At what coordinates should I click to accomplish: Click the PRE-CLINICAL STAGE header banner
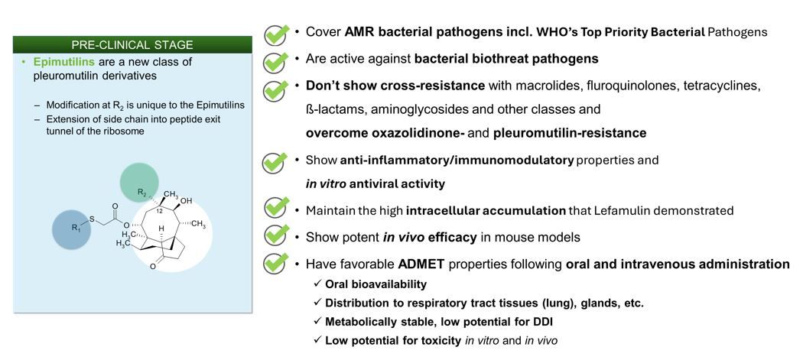click(132, 44)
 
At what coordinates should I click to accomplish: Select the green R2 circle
click(140, 190)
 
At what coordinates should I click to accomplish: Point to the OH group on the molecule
click(186, 201)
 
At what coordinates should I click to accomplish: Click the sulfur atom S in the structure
click(92, 219)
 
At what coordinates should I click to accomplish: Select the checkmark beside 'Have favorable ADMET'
click(275, 262)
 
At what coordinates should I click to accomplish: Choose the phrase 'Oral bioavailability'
click(376, 284)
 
